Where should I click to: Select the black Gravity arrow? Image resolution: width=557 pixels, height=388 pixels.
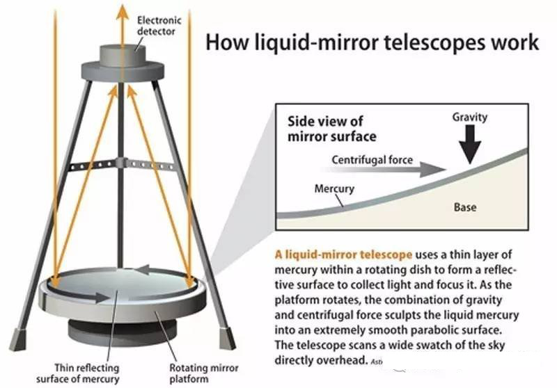(x=473, y=145)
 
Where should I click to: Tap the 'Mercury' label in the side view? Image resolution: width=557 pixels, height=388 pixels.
(x=334, y=188)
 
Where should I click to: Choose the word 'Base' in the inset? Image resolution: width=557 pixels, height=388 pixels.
(x=465, y=207)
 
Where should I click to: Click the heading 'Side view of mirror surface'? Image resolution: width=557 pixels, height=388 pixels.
(x=332, y=129)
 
